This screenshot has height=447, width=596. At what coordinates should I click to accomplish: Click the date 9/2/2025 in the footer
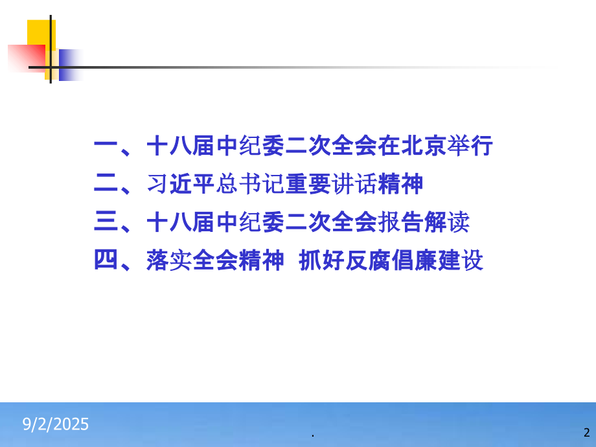(56, 425)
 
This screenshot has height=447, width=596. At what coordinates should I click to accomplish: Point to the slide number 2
(586, 432)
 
